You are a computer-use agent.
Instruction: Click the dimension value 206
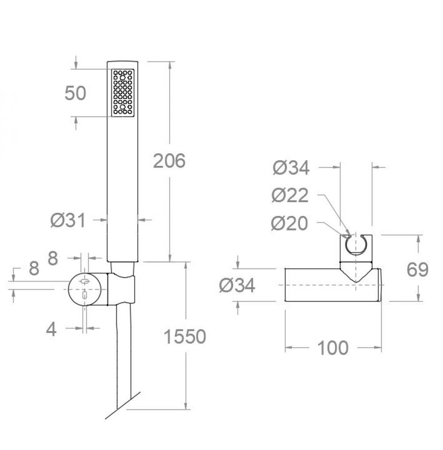tap(169, 160)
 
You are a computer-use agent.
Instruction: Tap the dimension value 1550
tap(185, 337)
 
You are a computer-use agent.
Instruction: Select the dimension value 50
tap(75, 93)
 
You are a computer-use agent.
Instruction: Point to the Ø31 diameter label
tap(68, 220)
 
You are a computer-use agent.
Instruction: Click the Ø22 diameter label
tap(290, 195)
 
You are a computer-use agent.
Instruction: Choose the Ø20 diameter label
tap(289, 223)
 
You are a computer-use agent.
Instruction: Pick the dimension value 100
tap(333, 348)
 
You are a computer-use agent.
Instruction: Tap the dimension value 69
tap(417, 269)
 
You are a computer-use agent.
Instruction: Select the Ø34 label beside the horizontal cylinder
tap(237, 285)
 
